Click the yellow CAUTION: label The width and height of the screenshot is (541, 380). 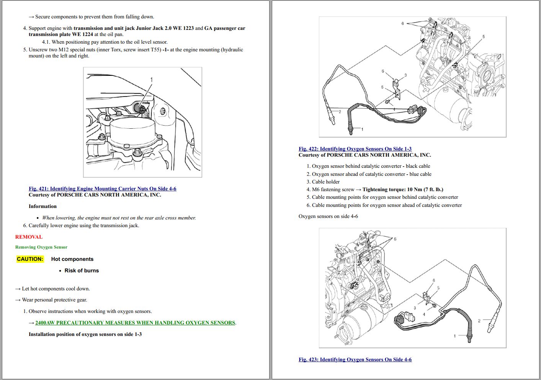click(30, 259)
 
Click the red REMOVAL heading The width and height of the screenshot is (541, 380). click(29, 237)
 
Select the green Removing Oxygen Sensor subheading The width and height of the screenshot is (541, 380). click(41, 247)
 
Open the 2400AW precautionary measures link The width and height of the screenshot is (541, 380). click(135, 323)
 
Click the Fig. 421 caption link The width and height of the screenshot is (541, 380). click(102, 189)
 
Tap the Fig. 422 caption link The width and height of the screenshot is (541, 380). click(355, 149)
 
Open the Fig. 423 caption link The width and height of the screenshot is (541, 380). click(355, 360)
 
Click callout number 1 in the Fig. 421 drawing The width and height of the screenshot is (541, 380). click(152, 80)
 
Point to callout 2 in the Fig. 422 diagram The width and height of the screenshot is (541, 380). click(340, 112)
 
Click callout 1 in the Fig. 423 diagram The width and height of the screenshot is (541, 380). click(455, 336)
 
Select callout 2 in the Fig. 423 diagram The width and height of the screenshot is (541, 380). click(479, 321)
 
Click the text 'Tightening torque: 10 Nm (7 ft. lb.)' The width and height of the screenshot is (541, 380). click(403, 190)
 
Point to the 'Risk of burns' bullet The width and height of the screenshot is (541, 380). click(82, 271)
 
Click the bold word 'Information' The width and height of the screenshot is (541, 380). click(42, 206)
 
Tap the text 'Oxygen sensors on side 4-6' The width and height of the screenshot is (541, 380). click(328, 216)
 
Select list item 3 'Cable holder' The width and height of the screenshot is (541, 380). click(325, 182)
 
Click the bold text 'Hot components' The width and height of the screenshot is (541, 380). click(72, 259)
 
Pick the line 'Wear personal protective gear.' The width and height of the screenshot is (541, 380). click(54, 300)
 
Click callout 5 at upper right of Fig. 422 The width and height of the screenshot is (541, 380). click(484, 37)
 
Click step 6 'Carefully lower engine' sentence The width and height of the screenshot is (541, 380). click(84, 226)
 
